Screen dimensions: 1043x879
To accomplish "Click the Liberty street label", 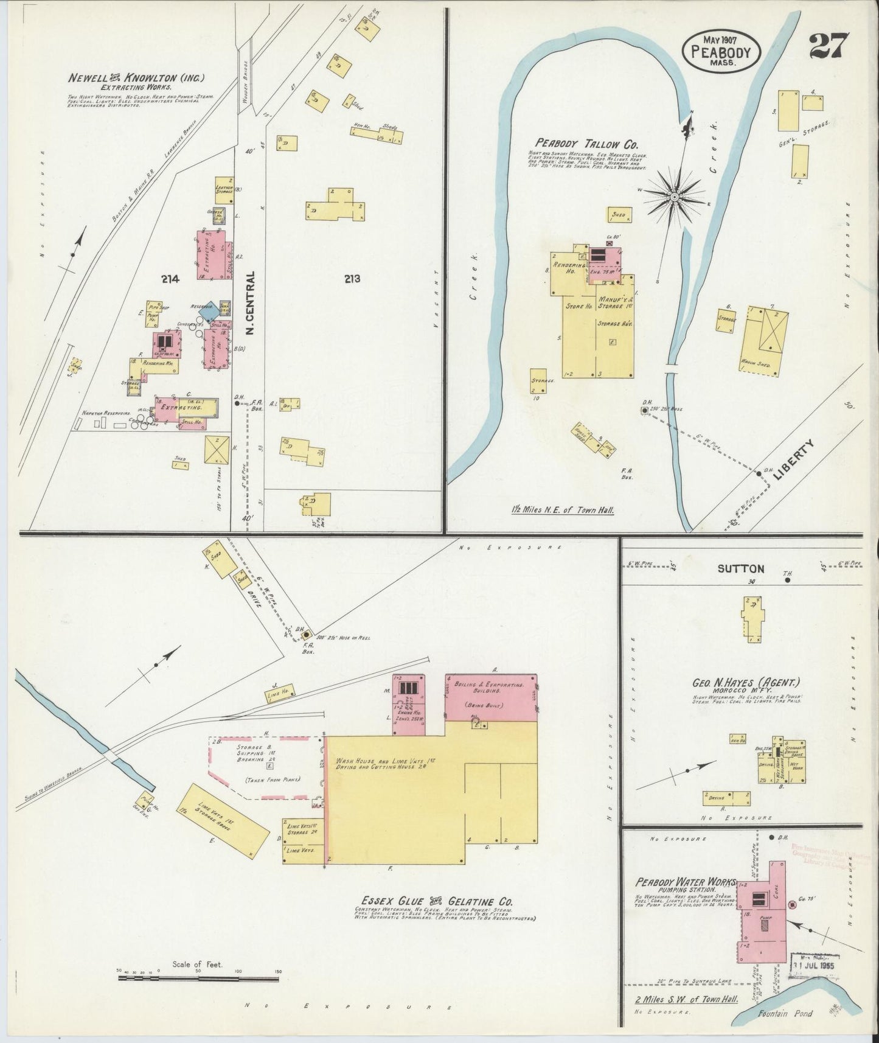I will (793, 462).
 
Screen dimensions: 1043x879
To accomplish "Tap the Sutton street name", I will (740, 569).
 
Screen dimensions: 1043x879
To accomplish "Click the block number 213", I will (352, 279).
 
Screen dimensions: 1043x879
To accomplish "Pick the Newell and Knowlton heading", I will (136, 78).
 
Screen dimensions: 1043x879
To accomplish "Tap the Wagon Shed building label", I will (756, 365).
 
